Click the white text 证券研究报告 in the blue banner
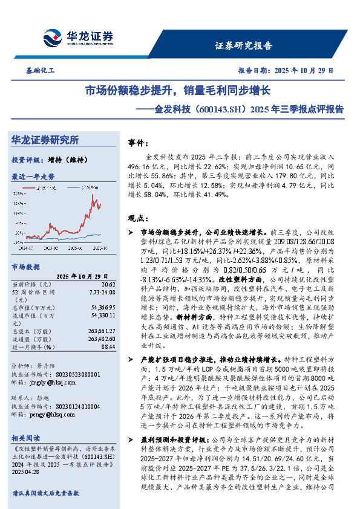(243, 45)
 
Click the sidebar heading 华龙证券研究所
(45, 140)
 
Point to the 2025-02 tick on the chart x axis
(51, 248)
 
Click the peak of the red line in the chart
(93, 195)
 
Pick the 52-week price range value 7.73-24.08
(102, 291)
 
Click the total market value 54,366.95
(102, 308)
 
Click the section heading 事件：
(140, 143)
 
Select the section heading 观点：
(140, 218)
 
